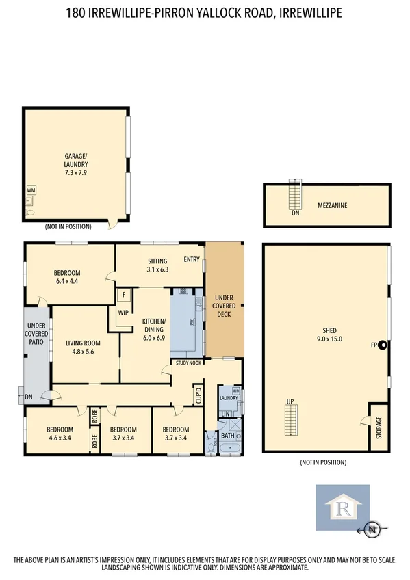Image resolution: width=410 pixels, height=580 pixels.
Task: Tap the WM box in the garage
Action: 31,189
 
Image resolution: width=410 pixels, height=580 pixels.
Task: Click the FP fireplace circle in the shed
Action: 383,345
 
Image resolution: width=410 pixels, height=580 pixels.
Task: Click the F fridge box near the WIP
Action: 124,295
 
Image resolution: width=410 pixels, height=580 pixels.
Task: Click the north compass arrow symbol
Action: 372,529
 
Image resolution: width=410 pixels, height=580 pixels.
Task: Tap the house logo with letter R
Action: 342,507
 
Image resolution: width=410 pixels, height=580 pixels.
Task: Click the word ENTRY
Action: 191,259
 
